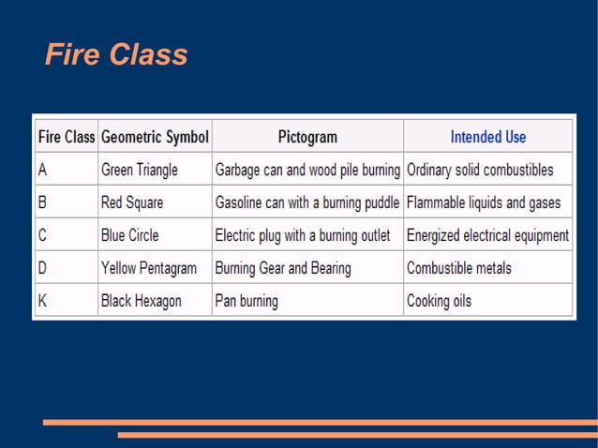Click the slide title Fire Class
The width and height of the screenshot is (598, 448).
pos(116,55)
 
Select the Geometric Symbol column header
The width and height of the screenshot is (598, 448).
pos(155,137)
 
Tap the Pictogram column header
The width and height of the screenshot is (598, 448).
pos(307,137)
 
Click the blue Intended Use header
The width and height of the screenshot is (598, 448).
pos(488,137)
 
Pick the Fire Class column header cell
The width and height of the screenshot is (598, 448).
pos(66,137)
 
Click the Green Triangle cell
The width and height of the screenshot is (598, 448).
pos(140,171)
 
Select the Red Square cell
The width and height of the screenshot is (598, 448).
pos(132,202)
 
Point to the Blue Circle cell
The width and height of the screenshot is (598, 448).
pos(130,235)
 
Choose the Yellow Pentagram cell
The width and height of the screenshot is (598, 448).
pos(149,268)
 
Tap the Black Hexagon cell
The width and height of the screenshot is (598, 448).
pos(142,302)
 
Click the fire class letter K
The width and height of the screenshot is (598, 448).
pos(43,302)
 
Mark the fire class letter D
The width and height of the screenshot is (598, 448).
pos(43,268)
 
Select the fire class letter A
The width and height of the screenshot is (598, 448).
pos(43,171)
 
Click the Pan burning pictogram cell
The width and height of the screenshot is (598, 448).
pos(247,302)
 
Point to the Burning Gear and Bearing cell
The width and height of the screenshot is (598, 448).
pos(283,268)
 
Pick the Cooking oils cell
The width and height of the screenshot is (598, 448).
pos(439,302)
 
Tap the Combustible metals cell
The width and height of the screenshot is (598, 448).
pos(459,268)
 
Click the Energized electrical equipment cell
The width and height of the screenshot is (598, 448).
pos(487,235)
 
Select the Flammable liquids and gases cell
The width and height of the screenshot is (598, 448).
pos(484,202)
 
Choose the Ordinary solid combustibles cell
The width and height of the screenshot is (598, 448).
pos(480,171)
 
